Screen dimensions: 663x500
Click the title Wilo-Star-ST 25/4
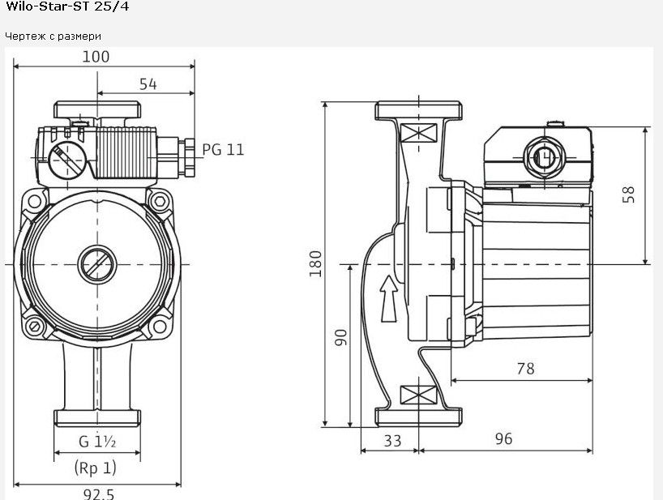(x=66, y=6)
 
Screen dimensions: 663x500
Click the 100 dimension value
(x=96, y=57)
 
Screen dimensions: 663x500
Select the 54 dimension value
(x=148, y=84)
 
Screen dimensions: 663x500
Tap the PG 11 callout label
(x=223, y=150)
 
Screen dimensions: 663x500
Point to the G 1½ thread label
(x=97, y=441)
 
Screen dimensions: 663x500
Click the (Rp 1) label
(x=95, y=468)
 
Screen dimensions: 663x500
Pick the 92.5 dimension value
(x=99, y=494)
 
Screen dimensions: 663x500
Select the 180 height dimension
(x=315, y=263)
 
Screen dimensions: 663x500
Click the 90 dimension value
(x=340, y=338)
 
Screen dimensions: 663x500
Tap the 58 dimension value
(x=629, y=194)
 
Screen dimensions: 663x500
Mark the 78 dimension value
(x=525, y=369)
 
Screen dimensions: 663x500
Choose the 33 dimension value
(x=392, y=441)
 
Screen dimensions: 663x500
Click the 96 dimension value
(x=503, y=438)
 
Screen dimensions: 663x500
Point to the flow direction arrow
(x=388, y=299)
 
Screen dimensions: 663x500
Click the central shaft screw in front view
(x=97, y=264)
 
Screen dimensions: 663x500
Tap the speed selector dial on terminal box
(x=67, y=160)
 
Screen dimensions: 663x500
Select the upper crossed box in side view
(x=418, y=132)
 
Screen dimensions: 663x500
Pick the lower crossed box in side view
(x=418, y=395)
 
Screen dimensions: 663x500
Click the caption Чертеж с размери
(x=53, y=36)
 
